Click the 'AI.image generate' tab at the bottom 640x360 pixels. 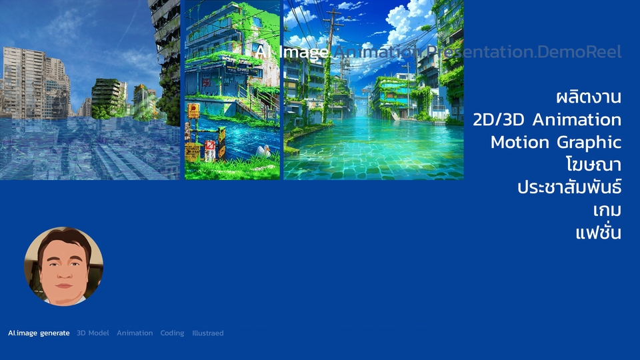(39, 333)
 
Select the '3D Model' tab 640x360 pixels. (93, 333)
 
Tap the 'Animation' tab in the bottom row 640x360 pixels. (135, 333)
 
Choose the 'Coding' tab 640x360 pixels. (172, 333)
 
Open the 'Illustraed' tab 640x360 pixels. (208, 333)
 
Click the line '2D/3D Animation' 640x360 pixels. (547, 120)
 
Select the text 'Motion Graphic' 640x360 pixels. (556, 142)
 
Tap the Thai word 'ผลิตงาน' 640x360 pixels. (589, 97)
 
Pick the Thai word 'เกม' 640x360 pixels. (607, 210)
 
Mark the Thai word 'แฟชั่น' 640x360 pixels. (598, 233)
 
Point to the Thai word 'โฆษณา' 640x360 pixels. (592, 164)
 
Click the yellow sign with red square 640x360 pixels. (193, 111)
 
